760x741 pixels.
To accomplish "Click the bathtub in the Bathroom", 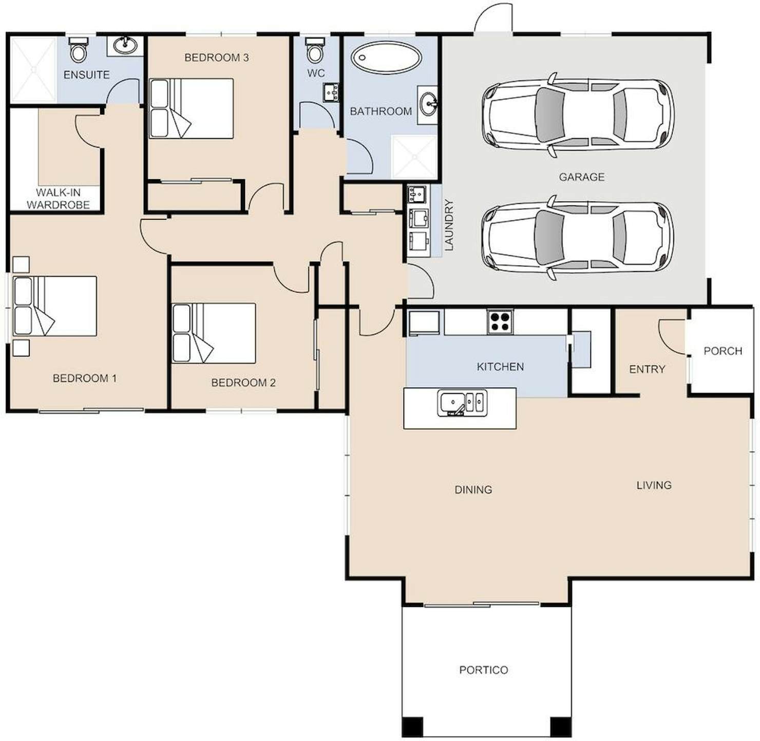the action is click(386, 58).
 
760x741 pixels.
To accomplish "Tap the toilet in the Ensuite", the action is click(79, 49).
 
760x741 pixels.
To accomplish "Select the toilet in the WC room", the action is click(315, 50).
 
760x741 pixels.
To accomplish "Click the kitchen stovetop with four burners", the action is click(500, 321).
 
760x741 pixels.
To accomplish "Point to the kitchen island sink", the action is click(462, 403).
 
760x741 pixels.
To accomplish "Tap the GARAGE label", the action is click(581, 177).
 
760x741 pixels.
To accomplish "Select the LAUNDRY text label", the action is click(449, 224).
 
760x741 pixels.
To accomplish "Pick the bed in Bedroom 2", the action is click(214, 333).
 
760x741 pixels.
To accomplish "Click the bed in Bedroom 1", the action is click(54, 306).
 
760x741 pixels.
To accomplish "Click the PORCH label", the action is click(723, 351).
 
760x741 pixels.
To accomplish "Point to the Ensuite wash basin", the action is click(125, 46).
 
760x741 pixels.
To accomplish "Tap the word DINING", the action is click(473, 490).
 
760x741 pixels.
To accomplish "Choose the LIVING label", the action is click(654, 485).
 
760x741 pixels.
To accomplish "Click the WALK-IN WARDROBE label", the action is click(58, 198).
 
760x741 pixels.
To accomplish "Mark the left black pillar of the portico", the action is click(412, 727).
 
